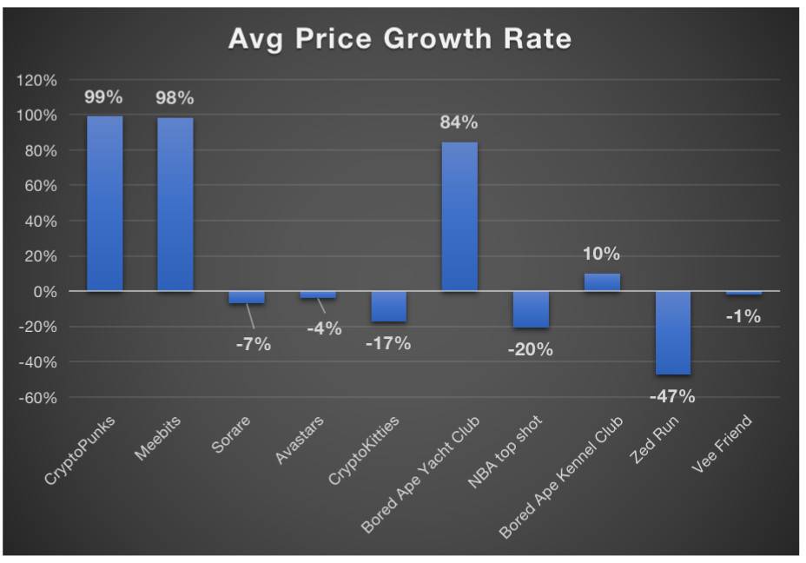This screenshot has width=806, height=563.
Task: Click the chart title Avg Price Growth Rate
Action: [x=400, y=39]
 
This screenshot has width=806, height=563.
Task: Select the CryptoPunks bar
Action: [x=104, y=203]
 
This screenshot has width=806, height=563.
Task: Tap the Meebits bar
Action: [x=175, y=204]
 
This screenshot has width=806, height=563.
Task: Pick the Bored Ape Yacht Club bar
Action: [x=459, y=216]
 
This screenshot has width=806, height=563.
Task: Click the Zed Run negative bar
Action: [x=673, y=333]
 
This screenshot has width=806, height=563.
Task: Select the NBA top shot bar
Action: [x=531, y=309]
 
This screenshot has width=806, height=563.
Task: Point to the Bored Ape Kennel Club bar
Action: [x=602, y=282]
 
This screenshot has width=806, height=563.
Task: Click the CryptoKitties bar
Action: [x=388, y=306]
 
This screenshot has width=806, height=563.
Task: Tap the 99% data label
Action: [x=103, y=97]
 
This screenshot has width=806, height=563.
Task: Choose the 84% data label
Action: [x=459, y=123]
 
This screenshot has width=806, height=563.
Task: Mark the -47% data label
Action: [x=672, y=396]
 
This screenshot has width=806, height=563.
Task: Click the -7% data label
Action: [x=253, y=344]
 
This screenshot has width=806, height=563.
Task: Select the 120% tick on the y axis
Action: [x=36, y=81]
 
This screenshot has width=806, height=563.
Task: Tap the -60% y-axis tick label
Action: [x=36, y=398]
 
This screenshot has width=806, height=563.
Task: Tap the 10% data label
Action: [x=601, y=254]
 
